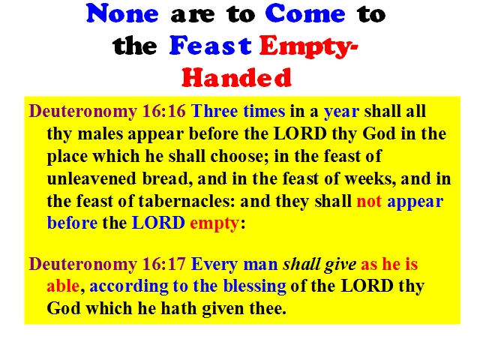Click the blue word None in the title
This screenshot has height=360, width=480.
click(x=122, y=13)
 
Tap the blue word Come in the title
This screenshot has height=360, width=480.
click(x=305, y=13)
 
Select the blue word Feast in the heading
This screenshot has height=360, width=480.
click(x=211, y=46)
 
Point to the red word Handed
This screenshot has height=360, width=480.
click(x=237, y=77)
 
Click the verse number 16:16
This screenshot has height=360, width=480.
click(x=164, y=111)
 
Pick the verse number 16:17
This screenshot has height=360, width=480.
click(x=164, y=264)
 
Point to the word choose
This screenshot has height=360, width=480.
click(x=236, y=156)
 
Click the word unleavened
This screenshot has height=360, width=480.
click(x=91, y=178)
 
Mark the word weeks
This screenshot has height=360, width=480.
click(x=370, y=178)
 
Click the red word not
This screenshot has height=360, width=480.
click(x=369, y=202)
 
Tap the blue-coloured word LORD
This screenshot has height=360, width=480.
click(x=158, y=223)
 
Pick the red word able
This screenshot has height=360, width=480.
click(x=63, y=286)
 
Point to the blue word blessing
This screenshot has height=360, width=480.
click(x=255, y=286)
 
